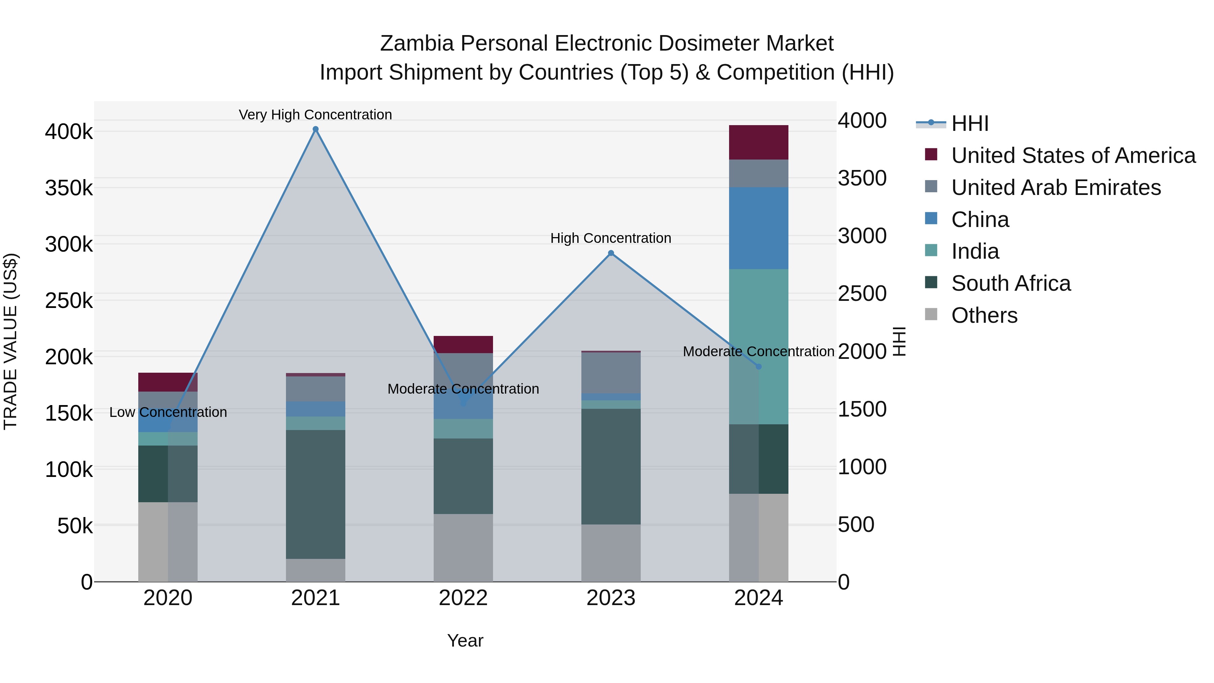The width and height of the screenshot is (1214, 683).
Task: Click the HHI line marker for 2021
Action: click(316, 129)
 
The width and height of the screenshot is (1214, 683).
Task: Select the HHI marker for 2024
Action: click(758, 366)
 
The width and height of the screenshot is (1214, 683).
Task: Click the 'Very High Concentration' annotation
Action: click(315, 115)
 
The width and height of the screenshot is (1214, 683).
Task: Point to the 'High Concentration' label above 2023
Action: click(611, 238)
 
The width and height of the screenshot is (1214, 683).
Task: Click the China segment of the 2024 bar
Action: click(758, 228)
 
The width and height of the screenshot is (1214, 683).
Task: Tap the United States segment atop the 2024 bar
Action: click(758, 142)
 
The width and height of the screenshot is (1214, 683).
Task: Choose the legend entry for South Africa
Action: click(1011, 283)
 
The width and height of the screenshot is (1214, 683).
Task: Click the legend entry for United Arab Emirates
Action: click(1056, 188)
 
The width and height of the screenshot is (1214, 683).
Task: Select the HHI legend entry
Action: click(970, 123)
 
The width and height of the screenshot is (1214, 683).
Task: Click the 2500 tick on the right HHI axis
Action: click(862, 294)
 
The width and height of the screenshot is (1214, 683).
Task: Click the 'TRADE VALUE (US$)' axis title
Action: click(10, 341)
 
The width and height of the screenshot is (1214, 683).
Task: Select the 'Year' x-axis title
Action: click(465, 641)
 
